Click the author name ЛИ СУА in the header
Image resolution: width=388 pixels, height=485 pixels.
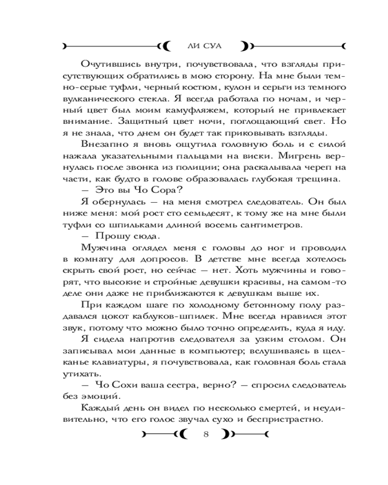coord(204,46)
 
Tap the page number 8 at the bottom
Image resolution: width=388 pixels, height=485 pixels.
coord(206,434)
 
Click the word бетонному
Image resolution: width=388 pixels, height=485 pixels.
coord(242,306)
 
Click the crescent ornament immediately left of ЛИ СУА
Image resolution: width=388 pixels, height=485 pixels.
coord(166,46)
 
